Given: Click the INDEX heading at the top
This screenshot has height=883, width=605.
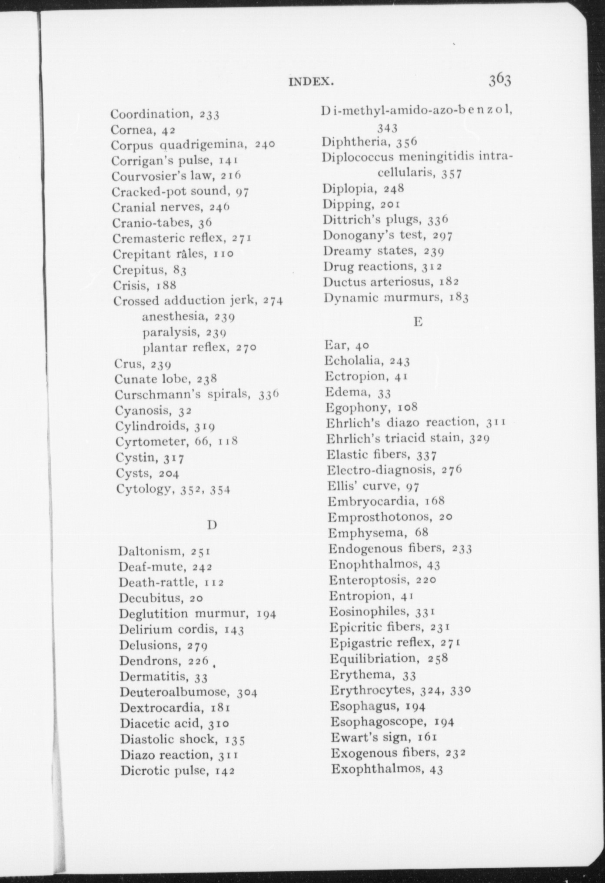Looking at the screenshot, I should pyautogui.click(x=311, y=81).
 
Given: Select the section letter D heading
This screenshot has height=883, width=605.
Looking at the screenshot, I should pyautogui.click(x=212, y=525).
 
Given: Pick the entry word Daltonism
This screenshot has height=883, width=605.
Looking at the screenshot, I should pyautogui.click(x=150, y=551).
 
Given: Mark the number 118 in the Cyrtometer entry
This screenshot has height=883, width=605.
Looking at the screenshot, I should pyautogui.click(x=228, y=442).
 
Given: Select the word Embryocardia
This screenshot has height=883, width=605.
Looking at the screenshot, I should pyautogui.click(x=372, y=501).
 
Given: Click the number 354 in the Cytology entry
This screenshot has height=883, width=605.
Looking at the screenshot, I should pyautogui.click(x=220, y=490).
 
